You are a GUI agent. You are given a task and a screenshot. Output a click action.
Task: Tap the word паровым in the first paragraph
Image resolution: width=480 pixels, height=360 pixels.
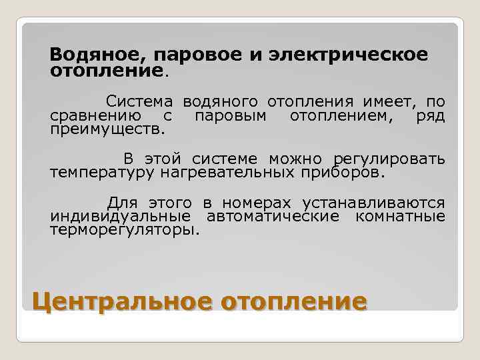[231, 116]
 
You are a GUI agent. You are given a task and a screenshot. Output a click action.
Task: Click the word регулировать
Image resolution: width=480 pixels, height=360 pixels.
[389, 159]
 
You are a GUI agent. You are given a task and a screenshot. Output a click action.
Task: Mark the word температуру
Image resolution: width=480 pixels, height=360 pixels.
[102, 173]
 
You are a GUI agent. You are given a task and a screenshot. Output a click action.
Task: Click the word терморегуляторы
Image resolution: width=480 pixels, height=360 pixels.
[125, 230]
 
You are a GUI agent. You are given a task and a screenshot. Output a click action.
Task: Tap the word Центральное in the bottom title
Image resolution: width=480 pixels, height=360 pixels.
[123, 301]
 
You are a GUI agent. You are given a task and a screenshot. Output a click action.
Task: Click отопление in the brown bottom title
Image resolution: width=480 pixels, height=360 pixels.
[294, 301]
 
